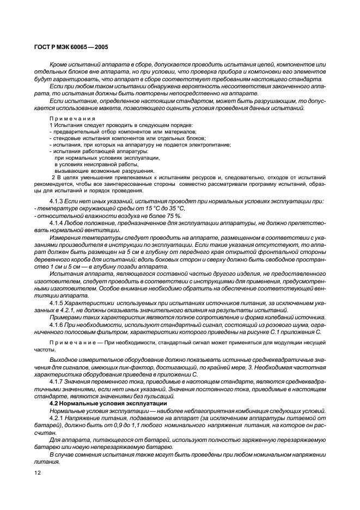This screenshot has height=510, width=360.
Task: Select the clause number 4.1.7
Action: [57, 381]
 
